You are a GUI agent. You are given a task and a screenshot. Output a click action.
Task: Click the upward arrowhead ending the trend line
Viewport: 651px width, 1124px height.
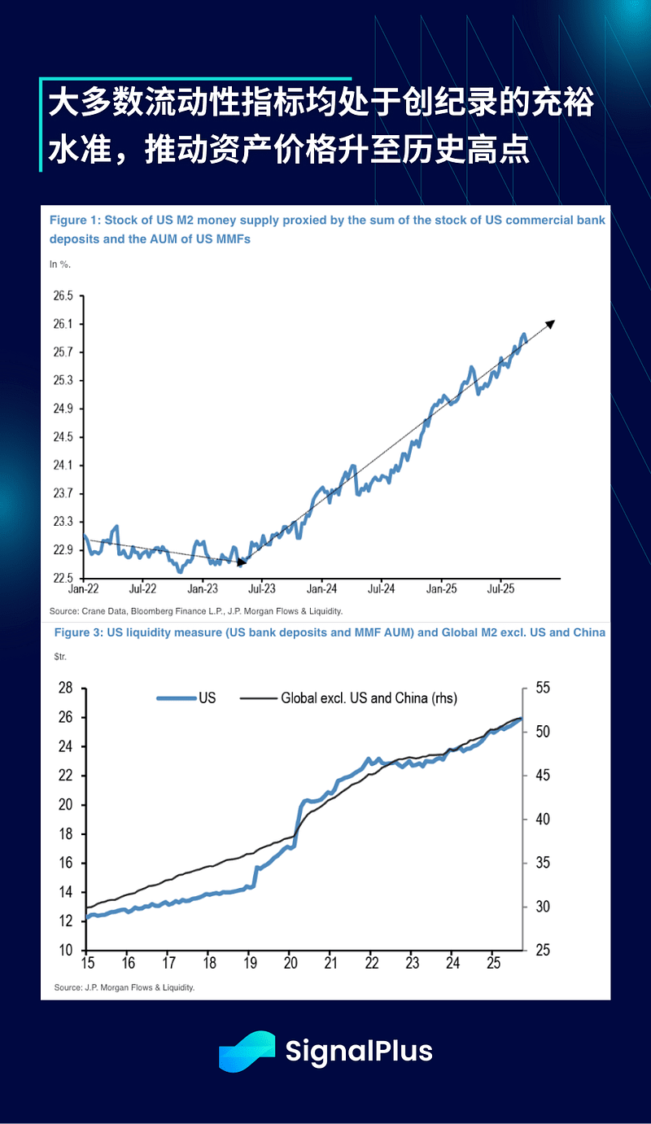[x=551, y=323]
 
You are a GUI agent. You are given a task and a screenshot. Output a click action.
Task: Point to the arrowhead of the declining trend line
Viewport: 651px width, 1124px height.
[x=242, y=561]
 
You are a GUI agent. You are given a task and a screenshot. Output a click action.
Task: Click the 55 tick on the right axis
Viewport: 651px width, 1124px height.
[x=542, y=689]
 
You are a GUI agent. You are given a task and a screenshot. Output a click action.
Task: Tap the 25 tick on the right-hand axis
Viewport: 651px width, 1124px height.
[x=542, y=951]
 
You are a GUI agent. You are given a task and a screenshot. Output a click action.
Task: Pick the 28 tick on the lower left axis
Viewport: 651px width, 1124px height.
[x=66, y=689]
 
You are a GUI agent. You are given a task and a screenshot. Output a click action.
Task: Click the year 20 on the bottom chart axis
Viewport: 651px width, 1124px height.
[x=291, y=964]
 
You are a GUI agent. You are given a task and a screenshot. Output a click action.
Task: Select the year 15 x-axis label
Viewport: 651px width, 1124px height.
[x=87, y=964]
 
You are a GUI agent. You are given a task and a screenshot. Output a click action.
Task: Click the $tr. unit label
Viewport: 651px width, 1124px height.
[x=60, y=655]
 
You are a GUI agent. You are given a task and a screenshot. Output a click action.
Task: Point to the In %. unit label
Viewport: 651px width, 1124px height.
[x=60, y=264]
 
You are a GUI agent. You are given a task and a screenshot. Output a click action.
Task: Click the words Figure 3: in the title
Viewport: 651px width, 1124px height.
[x=77, y=632]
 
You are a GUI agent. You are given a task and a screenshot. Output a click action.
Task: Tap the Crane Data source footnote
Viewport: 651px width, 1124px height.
[x=195, y=610]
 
